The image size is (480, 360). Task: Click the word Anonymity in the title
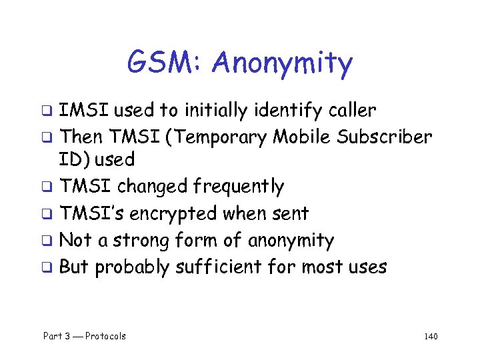tap(283, 65)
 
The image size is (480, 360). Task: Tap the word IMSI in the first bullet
tap(79, 110)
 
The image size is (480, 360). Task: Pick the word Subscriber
tap(385, 137)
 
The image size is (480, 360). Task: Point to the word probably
tap(132, 267)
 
